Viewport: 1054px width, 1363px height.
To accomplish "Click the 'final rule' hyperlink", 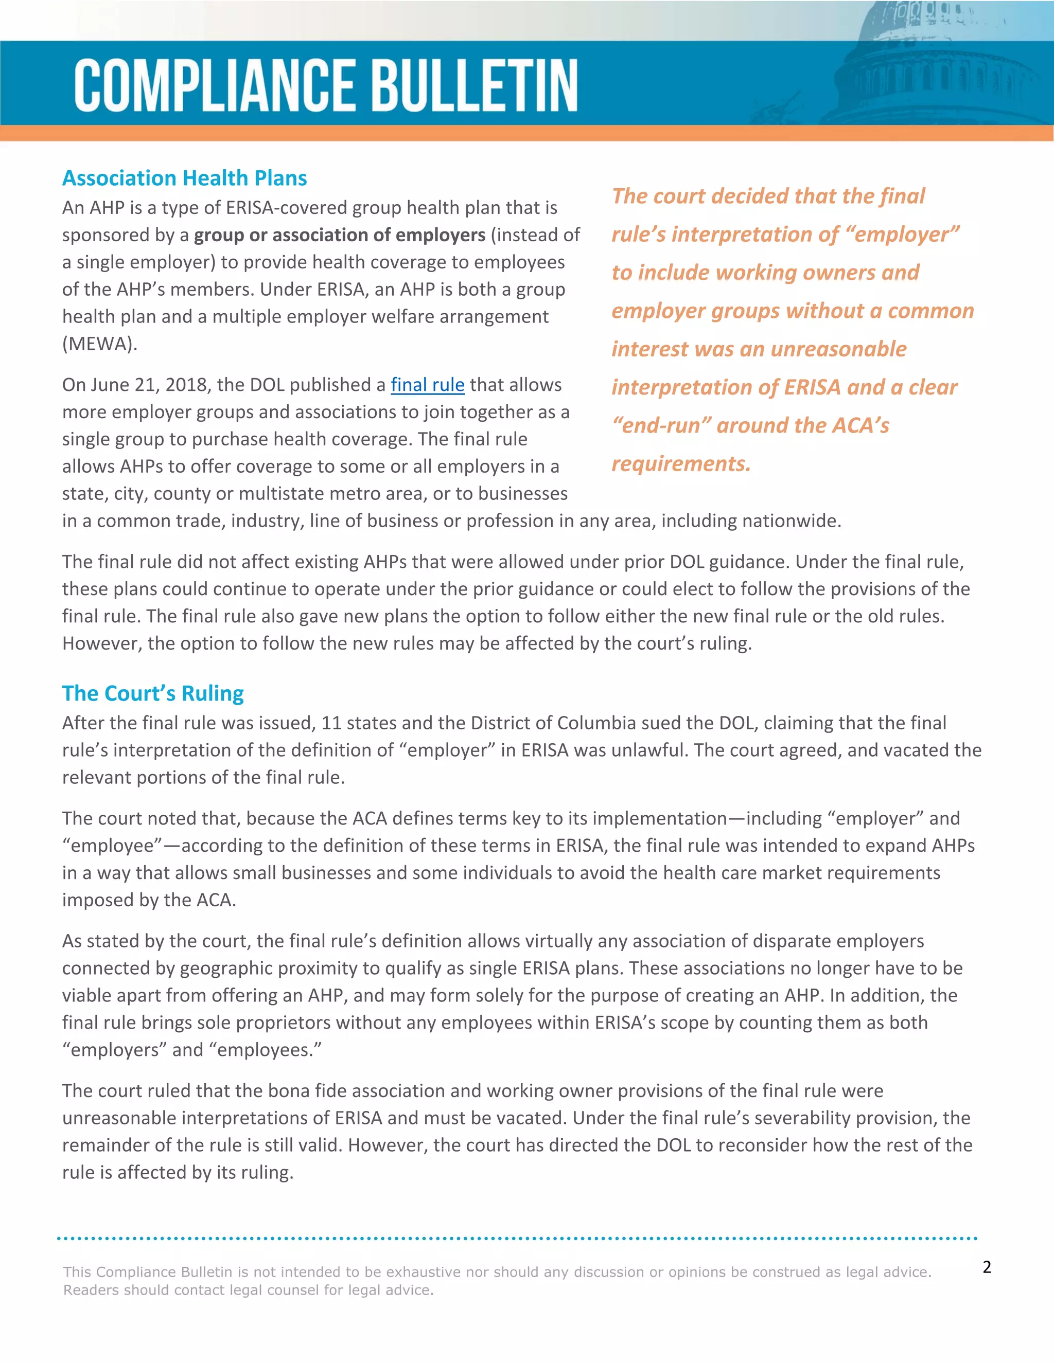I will coord(427,385).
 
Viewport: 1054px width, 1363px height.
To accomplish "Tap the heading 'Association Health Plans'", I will coord(184,178).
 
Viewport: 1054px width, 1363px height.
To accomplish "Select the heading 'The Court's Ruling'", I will coord(153,693).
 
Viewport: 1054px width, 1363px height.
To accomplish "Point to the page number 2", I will coord(987,1266).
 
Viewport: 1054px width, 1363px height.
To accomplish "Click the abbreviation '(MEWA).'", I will coord(99,344).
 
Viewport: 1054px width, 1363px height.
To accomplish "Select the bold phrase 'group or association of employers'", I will coord(339,235).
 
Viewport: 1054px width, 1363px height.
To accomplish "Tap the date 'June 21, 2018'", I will coord(150,385).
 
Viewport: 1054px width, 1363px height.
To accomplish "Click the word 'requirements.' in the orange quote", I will coord(680,464).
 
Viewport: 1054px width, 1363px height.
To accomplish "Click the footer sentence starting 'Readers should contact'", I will coord(248,1290).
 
